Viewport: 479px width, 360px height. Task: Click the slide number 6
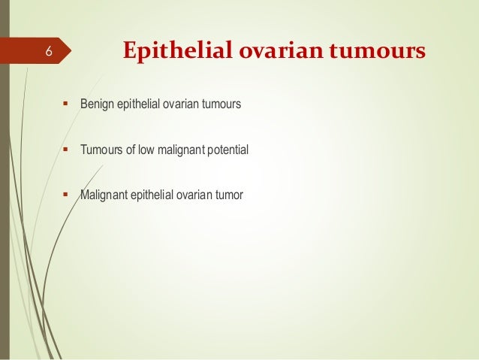47,51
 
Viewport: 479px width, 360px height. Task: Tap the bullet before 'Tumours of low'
65,150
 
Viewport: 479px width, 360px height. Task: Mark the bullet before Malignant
65,195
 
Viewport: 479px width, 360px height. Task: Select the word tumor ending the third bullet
230,195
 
